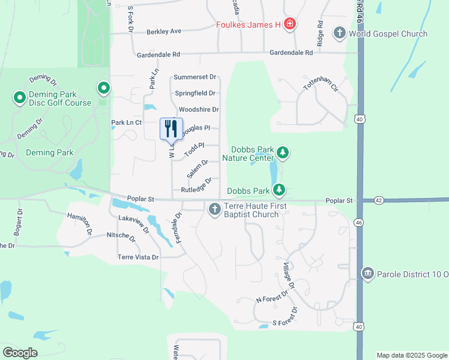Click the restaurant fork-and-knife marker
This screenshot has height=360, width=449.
[x=171, y=128]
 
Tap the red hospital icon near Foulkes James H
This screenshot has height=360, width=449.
[x=289, y=25]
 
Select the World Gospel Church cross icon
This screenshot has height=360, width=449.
[x=339, y=33]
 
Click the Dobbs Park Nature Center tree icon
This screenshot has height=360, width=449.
[x=282, y=153]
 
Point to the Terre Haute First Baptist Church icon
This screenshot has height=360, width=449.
[x=214, y=209]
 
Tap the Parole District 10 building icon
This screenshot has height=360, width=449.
[x=367, y=274]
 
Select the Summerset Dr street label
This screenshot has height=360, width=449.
[x=194, y=77]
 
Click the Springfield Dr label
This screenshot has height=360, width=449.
[x=195, y=93]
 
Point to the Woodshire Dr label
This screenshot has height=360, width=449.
[x=198, y=109]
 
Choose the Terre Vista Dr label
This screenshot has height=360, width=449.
[x=138, y=257]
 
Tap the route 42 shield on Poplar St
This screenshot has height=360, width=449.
[x=378, y=200]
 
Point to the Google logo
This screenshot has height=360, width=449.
[x=20, y=352]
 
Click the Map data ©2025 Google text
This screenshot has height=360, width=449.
[x=411, y=355]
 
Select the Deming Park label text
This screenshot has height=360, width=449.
[x=49, y=152]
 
